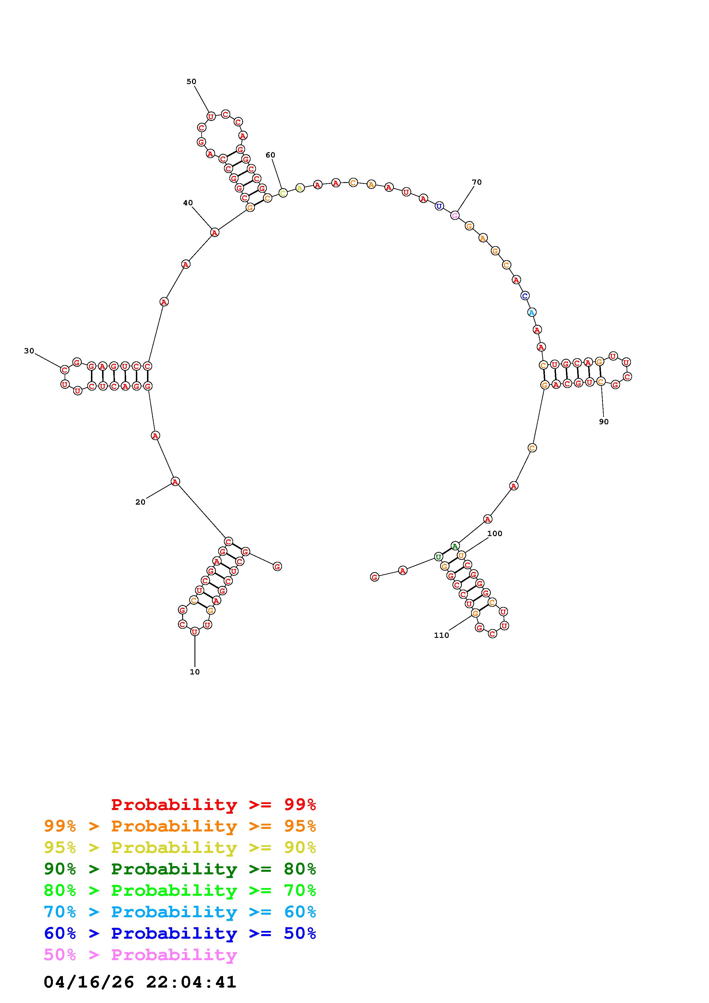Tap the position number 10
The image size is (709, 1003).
195,672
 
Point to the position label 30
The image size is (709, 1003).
29,351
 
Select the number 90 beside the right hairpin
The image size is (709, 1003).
604,421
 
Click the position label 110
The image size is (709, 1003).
441,635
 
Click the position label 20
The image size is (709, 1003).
140,502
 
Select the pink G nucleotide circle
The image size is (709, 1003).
455,215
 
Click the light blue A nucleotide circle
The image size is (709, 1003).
532,312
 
